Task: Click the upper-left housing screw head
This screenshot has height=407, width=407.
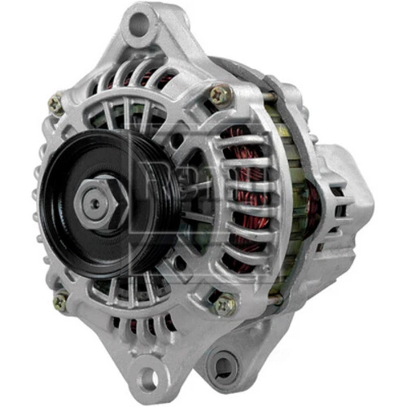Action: [x=55, y=103]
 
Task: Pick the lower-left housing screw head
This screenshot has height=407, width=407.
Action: [x=60, y=301]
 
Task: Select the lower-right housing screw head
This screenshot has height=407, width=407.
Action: [x=225, y=304]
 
